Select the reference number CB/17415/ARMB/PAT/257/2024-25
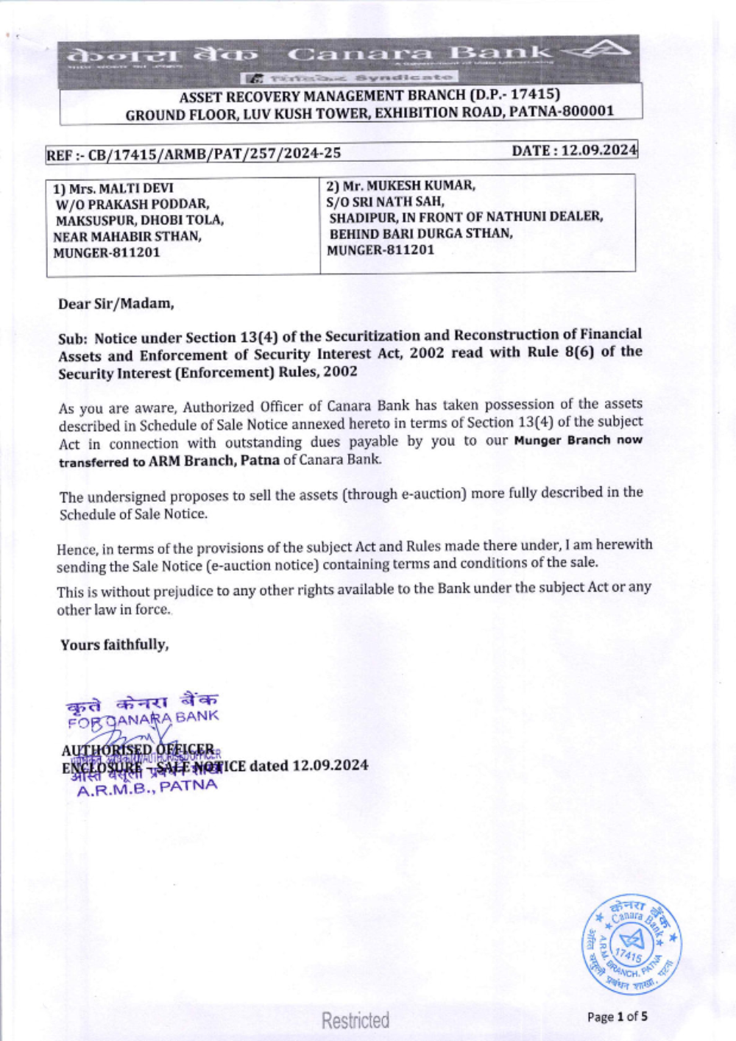point(215,153)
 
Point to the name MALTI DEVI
point(136,188)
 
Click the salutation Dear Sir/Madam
point(116,303)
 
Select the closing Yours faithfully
point(115,644)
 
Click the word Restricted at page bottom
point(355,1020)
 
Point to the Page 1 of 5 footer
point(618,1017)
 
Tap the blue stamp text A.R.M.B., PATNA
point(147,788)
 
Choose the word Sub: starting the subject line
point(74,338)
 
